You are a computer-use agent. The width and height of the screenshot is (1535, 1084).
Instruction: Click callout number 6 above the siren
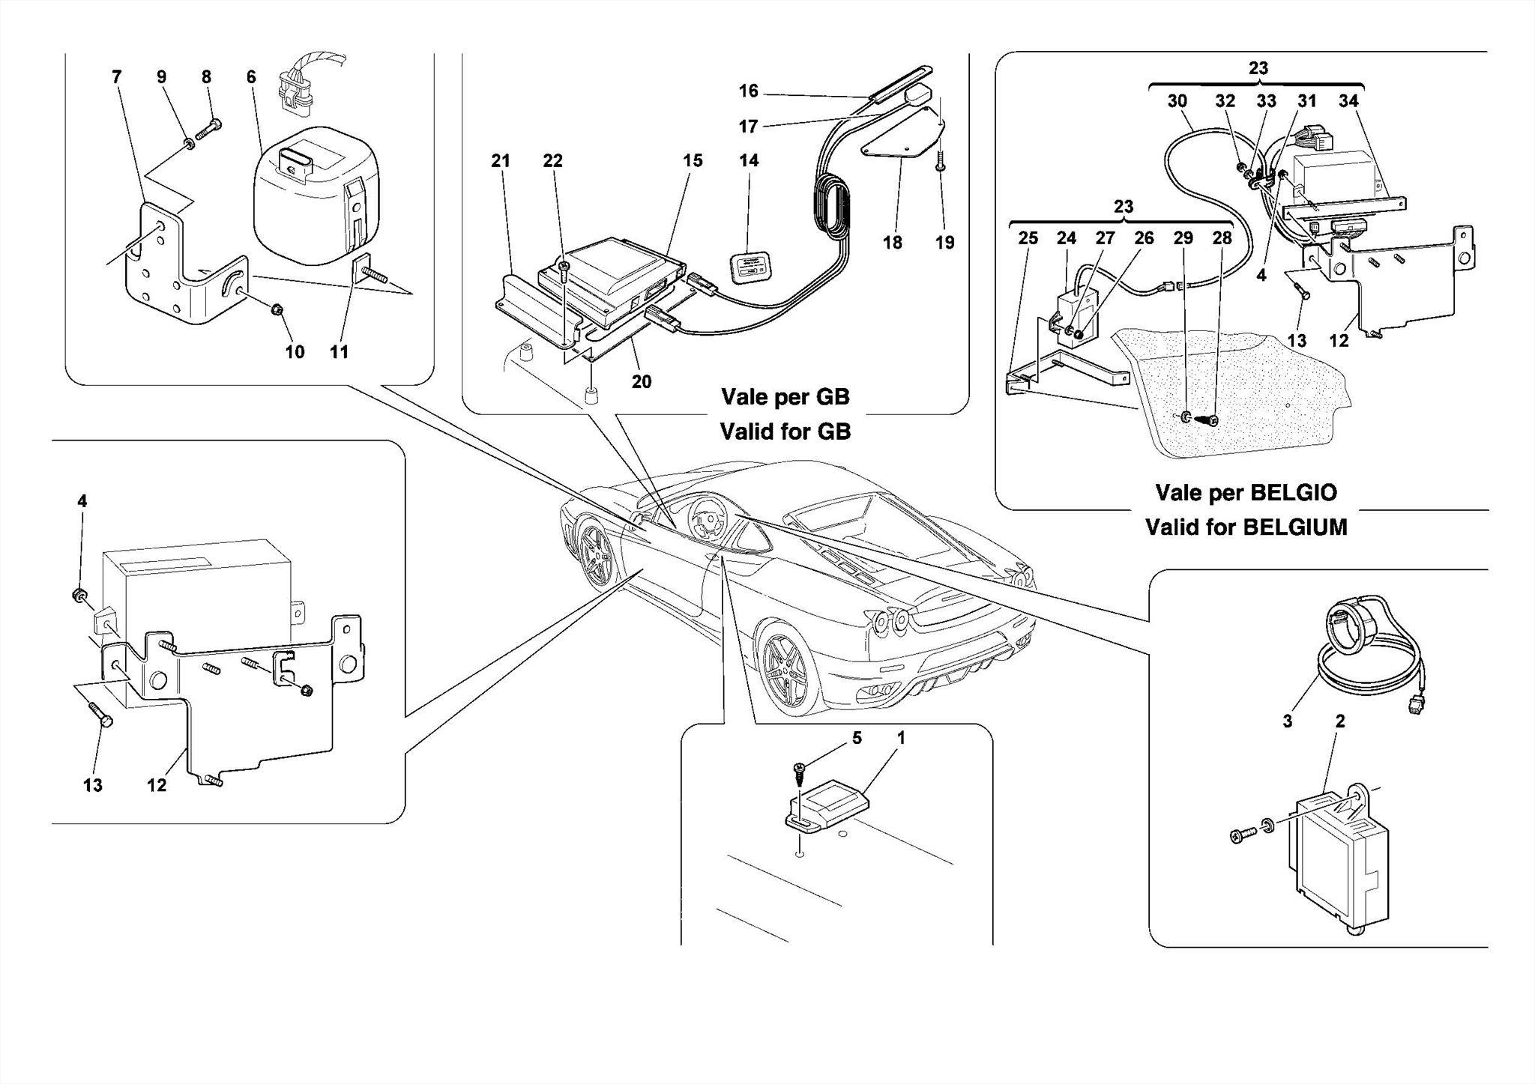pyautogui.click(x=251, y=77)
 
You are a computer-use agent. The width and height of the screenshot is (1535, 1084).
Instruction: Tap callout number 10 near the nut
pyautogui.click(x=295, y=352)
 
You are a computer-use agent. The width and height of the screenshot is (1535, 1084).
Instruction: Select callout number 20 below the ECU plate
pyautogui.click(x=642, y=382)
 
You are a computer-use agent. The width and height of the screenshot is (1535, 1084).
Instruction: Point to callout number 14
pyautogui.click(x=749, y=160)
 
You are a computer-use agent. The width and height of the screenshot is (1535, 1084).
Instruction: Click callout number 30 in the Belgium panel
pyautogui.click(x=1177, y=101)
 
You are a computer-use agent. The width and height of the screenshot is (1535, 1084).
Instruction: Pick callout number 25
pyautogui.click(x=1028, y=238)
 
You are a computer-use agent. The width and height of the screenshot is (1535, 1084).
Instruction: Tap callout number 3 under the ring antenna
pyautogui.click(x=1288, y=721)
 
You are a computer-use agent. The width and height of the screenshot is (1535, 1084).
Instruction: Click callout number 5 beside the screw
pyautogui.click(x=857, y=738)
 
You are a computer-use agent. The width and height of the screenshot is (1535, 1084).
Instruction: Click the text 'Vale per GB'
pyautogui.click(x=785, y=396)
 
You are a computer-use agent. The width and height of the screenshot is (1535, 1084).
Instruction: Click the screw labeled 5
pyautogui.click(x=799, y=772)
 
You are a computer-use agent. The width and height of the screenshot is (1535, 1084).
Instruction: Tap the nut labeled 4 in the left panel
pyautogui.click(x=78, y=596)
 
